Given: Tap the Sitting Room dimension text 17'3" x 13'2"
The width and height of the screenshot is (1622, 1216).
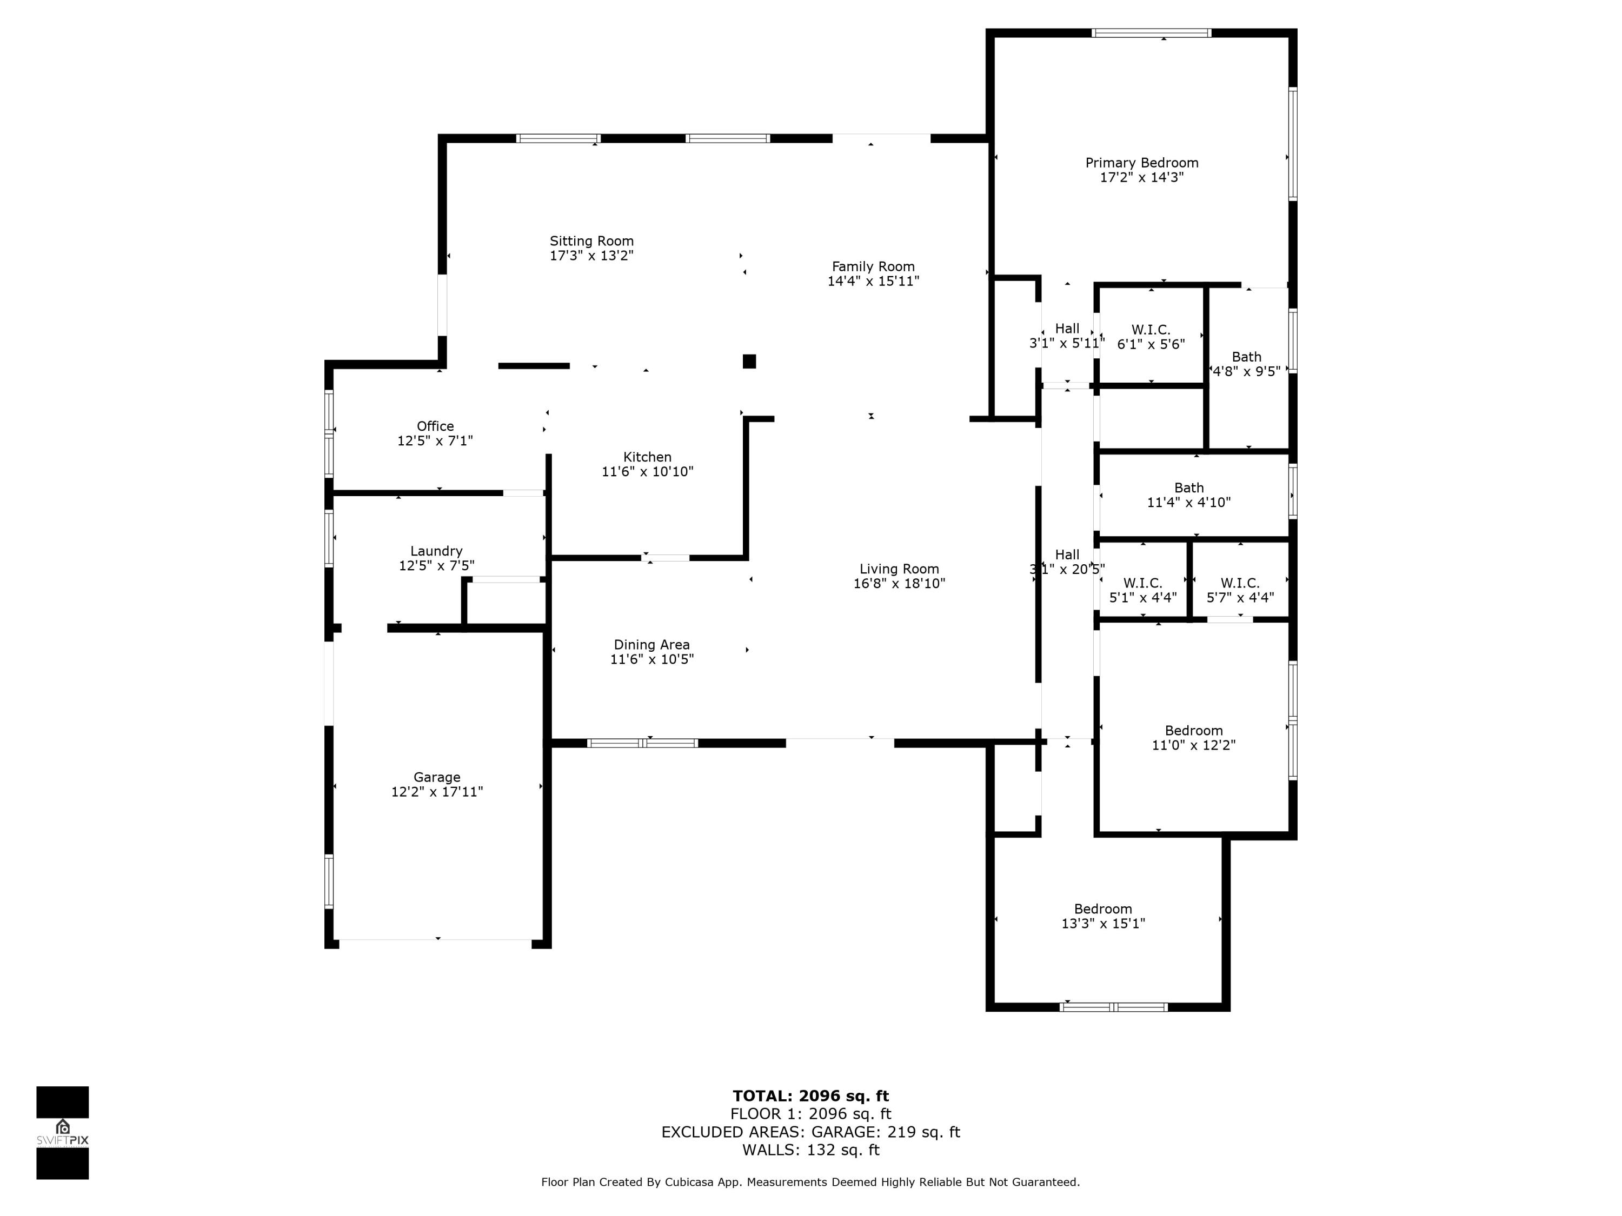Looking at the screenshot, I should coord(591,256).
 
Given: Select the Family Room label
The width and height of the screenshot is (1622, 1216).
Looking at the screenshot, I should coord(873,267).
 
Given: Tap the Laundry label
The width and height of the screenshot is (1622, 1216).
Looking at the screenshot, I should coord(436,551).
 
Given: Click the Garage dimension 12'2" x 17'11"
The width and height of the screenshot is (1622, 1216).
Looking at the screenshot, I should coord(436,792).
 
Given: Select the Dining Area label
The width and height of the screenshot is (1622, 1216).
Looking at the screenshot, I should coord(651,645).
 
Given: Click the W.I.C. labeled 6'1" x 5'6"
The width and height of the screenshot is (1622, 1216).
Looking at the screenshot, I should coord(1150,337).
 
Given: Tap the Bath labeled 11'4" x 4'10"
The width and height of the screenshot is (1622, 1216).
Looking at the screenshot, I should coord(1188,495).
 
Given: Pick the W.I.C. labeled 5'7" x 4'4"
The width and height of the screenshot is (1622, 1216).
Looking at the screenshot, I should coord(1239,590).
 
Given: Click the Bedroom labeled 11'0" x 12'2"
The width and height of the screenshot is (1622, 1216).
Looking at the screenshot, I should coord(1193,737).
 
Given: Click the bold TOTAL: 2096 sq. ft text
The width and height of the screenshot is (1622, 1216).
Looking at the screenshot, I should coord(810,1096).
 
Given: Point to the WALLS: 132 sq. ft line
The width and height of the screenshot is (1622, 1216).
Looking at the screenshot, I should coord(810,1150).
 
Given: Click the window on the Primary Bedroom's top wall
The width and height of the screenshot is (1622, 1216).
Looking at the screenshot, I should coord(1150,33).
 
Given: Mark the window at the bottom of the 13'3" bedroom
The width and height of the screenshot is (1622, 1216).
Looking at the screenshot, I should coord(1113,1007).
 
